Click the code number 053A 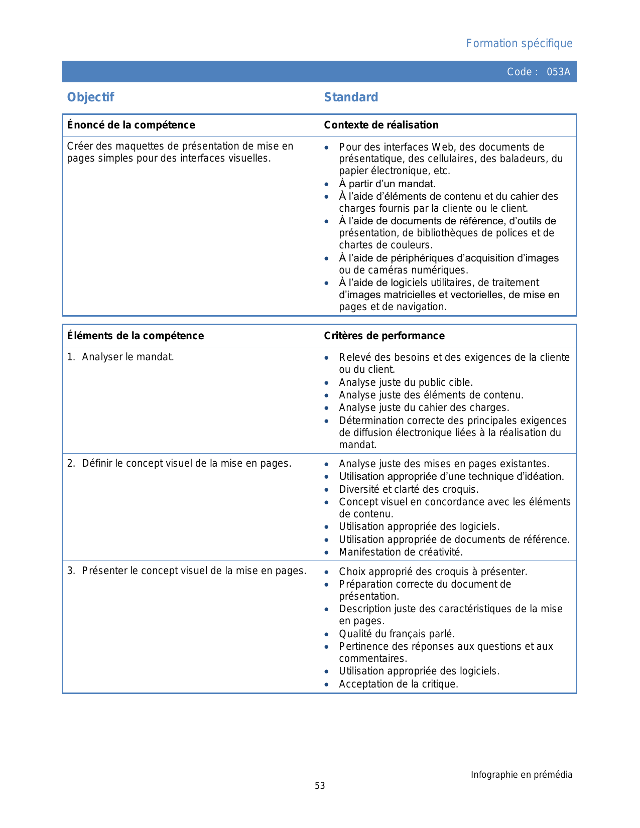(x=558, y=72)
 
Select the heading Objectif (x=91, y=97)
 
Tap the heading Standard (x=351, y=97)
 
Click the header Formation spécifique (x=519, y=44)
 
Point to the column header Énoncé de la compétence (x=131, y=125)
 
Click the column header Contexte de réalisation (x=381, y=125)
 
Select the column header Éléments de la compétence (x=136, y=336)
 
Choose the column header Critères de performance (x=384, y=336)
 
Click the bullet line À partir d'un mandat (x=387, y=184)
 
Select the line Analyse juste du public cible (x=406, y=382)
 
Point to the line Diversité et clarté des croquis (x=409, y=489)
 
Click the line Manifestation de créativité (x=401, y=552)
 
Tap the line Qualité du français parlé (x=397, y=634)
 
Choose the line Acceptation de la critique (x=399, y=684)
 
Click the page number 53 (x=320, y=786)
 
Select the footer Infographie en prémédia (x=521, y=775)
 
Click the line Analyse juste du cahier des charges (x=424, y=407)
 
